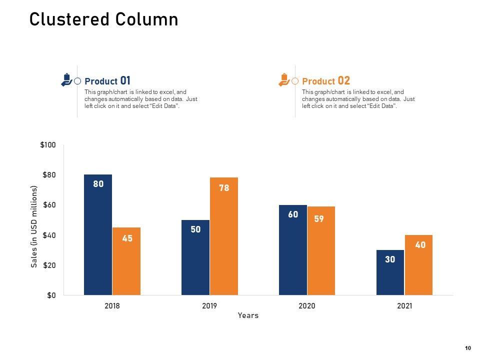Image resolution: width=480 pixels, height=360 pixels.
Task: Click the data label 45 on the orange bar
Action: [127, 238]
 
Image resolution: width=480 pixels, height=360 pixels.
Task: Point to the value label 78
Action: [224, 188]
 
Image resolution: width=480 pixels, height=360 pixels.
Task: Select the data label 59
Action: [319, 218]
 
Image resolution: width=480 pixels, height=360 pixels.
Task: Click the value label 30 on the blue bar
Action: [390, 259]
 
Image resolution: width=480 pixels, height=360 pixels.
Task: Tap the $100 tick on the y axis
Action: [48, 145]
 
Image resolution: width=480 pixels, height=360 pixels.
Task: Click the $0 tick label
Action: [51, 295]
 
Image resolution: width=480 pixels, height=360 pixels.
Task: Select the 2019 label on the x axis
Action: [209, 306]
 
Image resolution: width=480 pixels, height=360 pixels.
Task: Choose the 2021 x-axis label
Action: [404, 306]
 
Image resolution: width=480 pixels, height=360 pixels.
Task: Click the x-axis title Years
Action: [248, 315]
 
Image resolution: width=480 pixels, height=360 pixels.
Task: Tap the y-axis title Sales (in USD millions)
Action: [34, 226]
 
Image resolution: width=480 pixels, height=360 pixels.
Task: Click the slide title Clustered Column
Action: [103, 19]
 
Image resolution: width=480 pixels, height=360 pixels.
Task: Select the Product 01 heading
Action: [107, 81]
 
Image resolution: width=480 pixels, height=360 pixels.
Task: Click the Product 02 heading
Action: [326, 81]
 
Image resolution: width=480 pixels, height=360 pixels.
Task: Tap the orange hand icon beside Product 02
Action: [283, 80]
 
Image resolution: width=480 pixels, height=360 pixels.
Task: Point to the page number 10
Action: [468, 348]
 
